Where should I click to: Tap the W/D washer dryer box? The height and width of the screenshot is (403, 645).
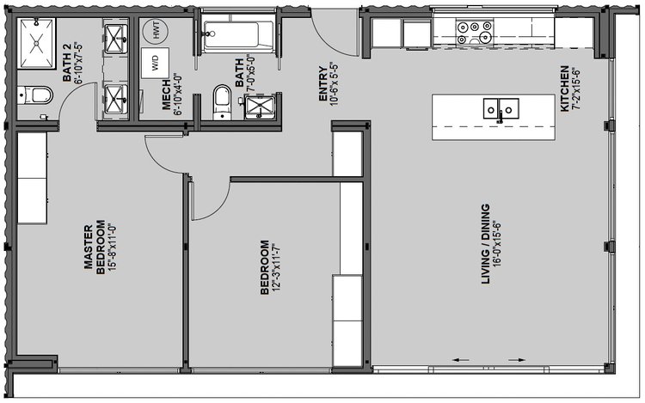155,63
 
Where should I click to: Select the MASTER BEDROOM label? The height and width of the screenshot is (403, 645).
95,247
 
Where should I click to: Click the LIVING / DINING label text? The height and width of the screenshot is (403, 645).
486,244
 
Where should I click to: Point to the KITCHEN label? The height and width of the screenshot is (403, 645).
565,89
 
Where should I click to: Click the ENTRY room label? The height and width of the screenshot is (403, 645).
322,84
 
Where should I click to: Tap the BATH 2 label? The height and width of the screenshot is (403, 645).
67,63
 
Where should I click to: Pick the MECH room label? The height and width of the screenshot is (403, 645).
166,95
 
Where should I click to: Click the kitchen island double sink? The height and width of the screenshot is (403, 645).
501,109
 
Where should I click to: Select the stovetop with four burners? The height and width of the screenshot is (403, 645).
475,33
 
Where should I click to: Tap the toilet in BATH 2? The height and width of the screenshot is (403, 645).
36,95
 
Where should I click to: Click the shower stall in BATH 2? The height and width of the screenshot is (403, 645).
37,43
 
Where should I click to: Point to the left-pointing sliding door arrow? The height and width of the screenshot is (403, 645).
461,360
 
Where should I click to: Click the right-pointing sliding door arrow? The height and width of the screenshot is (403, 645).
517,360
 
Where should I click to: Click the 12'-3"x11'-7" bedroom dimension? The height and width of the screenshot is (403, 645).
275,267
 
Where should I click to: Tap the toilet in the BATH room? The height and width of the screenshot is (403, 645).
223,102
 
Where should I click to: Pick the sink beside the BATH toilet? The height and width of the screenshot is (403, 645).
260,107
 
